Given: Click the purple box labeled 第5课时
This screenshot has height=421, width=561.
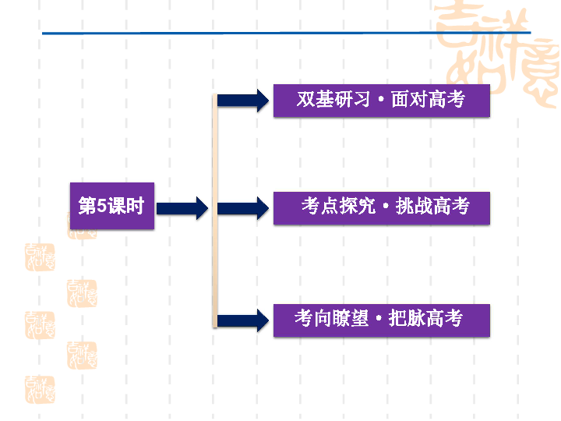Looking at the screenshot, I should pyautogui.click(x=112, y=207).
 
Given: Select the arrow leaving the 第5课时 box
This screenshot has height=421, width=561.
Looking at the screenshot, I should pyautogui.click(x=182, y=208).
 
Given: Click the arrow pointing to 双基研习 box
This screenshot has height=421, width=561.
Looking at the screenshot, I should pyautogui.click(x=242, y=100).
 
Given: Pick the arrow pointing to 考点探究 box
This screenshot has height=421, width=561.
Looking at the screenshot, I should pyautogui.click(x=242, y=208).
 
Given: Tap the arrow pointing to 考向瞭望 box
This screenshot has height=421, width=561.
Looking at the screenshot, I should pyautogui.click(x=242, y=320).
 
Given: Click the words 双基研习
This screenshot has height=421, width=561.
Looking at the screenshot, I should pyautogui.click(x=327, y=101).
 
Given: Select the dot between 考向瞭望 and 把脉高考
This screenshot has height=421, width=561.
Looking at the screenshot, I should pyautogui.click(x=378, y=320).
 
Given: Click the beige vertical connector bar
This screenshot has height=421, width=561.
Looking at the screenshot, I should pyautogui.click(x=214, y=210).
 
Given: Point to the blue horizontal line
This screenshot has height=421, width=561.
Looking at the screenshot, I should pyautogui.click(x=234, y=34).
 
